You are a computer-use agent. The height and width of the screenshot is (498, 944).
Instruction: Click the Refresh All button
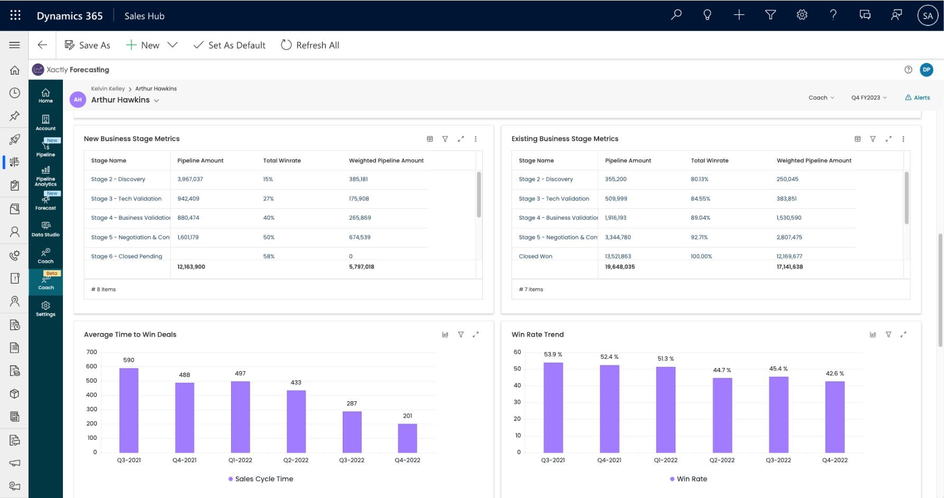pos(310,45)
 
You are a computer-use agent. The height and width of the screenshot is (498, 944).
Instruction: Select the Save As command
pos(88,45)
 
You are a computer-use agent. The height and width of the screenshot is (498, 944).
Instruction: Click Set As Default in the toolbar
pos(230,45)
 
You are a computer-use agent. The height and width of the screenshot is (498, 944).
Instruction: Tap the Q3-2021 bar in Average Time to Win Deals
pos(129,410)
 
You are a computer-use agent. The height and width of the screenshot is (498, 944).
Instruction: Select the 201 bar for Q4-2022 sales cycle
pos(407,438)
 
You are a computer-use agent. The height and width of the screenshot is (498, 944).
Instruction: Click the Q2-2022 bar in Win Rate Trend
pos(722,415)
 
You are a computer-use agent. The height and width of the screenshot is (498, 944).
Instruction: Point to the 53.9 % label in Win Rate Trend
pos(553,354)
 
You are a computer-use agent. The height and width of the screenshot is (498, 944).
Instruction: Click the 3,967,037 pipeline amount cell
pos(190,179)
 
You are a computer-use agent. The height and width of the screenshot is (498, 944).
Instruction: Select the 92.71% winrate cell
pos(699,237)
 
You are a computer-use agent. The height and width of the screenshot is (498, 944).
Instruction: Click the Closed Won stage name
pos(535,256)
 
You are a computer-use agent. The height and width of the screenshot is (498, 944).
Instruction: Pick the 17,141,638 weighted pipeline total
pos(790,267)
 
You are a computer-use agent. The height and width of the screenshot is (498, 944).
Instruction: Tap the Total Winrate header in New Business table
pos(282,161)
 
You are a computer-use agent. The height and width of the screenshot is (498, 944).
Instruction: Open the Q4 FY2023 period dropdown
pos(868,98)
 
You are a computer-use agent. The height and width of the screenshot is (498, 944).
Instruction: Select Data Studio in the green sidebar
pos(45,229)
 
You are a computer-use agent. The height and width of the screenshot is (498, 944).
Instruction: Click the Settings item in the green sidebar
pos(45,309)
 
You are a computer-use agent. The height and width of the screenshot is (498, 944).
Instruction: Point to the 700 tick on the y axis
pos(91,352)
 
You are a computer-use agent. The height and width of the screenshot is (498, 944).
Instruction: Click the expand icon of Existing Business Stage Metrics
pos(888,139)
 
